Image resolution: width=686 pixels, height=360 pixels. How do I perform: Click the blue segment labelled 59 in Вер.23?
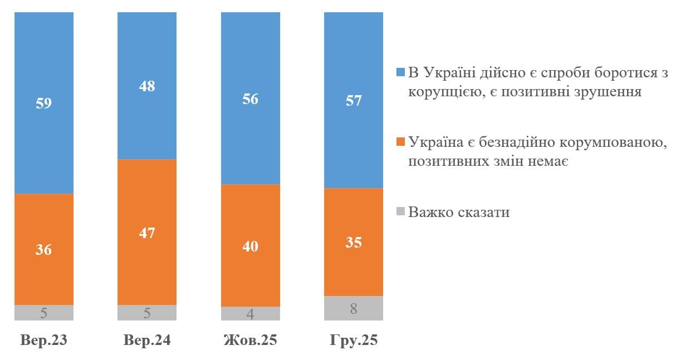pyautogui.click(x=44, y=103)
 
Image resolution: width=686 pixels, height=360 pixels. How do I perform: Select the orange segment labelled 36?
pyautogui.click(x=44, y=249)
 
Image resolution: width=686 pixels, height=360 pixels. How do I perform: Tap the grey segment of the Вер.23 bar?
pyautogui.click(x=44, y=313)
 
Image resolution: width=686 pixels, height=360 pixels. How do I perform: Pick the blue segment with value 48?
pyautogui.click(x=147, y=86)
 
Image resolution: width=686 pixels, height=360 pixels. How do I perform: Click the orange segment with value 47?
pyautogui.click(x=147, y=232)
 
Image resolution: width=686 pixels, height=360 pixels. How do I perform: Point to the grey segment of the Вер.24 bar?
pyautogui.click(x=147, y=313)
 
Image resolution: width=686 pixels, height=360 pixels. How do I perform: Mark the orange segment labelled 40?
pyautogui.click(x=251, y=245)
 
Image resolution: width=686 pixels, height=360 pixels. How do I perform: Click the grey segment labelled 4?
pyautogui.click(x=251, y=314)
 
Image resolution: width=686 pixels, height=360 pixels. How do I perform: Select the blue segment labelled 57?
pyautogui.click(x=354, y=100)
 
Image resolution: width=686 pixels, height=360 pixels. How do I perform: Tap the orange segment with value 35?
pyautogui.click(x=354, y=242)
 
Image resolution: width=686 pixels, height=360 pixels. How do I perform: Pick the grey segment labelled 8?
pyautogui.click(x=354, y=308)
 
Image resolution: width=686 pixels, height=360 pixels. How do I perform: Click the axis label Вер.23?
pyautogui.click(x=44, y=341)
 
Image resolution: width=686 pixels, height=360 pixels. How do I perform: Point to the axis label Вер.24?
pyautogui.click(x=147, y=341)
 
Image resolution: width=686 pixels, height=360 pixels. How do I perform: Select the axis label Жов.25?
pyautogui.click(x=251, y=341)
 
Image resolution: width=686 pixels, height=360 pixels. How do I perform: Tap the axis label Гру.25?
pyautogui.click(x=354, y=341)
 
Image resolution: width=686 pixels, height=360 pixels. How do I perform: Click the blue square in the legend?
pyautogui.click(x=400, y=73)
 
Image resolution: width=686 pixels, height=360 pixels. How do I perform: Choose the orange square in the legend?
pyautogui.click(x=400, y=142)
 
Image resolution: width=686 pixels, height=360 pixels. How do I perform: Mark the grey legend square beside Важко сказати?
pyautogui.click(x=400, y=212)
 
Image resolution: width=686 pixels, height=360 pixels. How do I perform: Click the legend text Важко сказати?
pyautogui.click(x=459, y=212)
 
